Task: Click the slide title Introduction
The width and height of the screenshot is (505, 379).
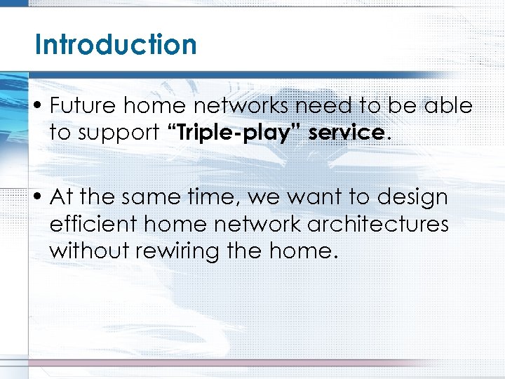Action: click(116, 44)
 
